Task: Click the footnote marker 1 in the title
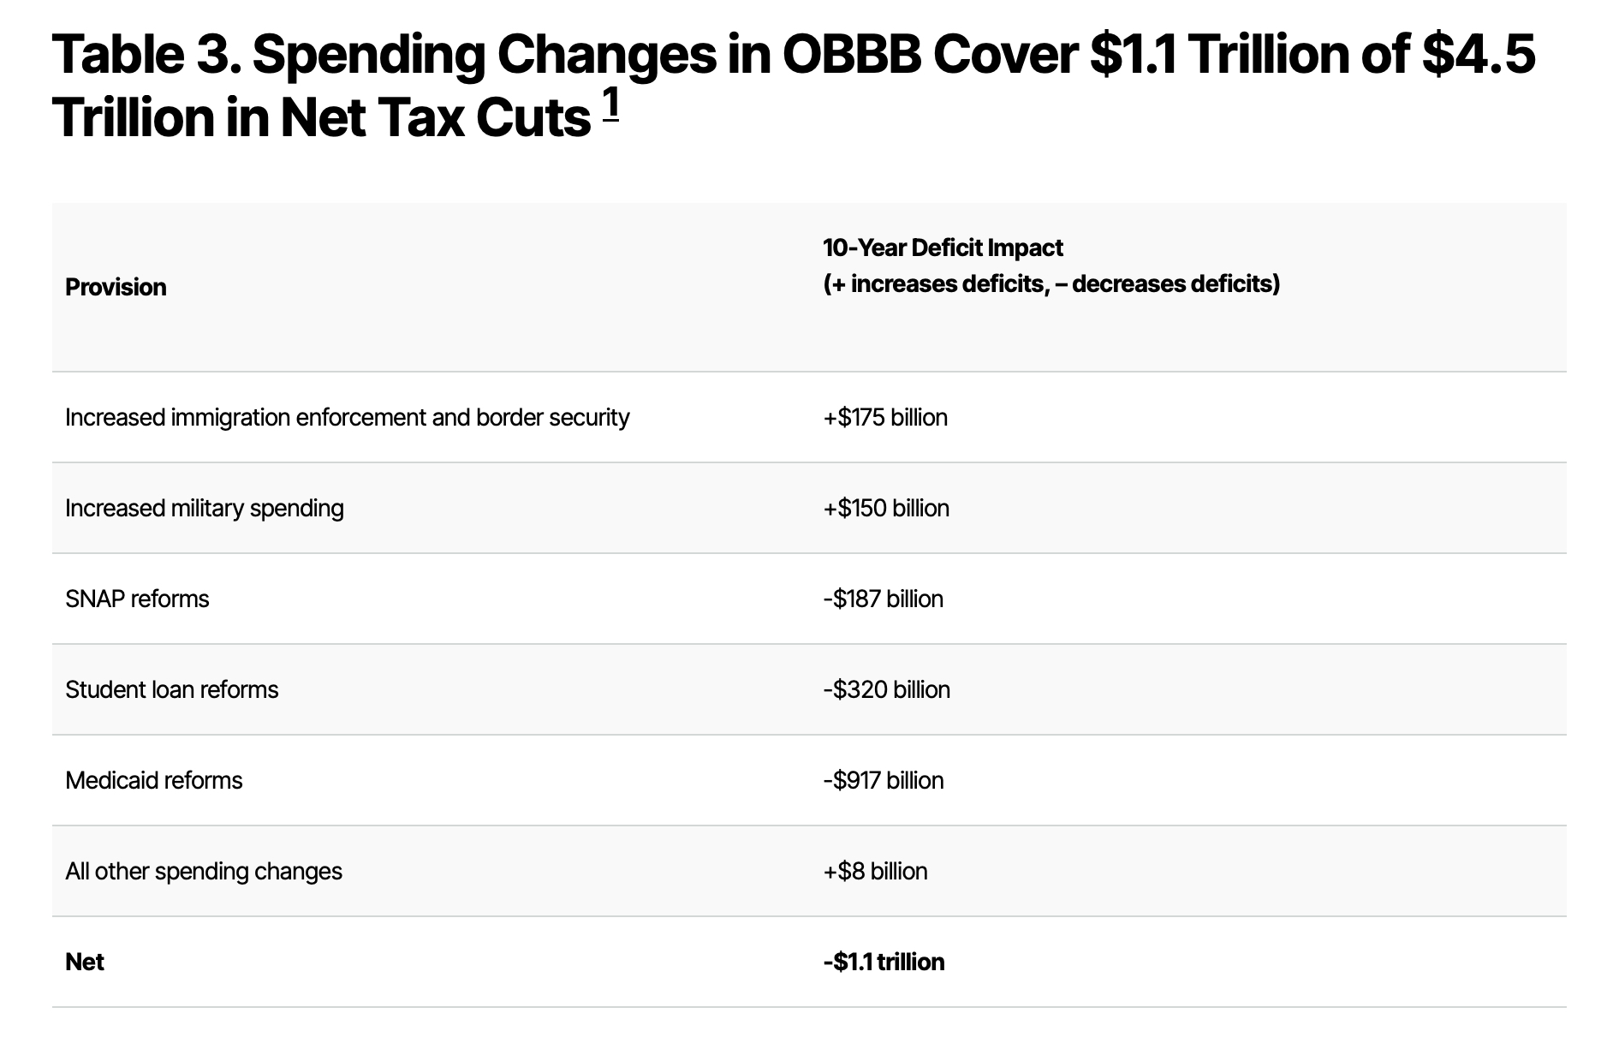point(610,105)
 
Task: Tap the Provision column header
point(116,287)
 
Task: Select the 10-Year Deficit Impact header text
point(943,248)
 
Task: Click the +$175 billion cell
point(885,418)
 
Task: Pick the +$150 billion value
point(886,509)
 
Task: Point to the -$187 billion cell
point(883,599)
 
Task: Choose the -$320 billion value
point(886,690)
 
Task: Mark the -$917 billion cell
point(883,781)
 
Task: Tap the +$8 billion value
point(875,872)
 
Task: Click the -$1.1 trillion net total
point(884,963)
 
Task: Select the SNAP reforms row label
point(137,599)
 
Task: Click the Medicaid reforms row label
point(154,781)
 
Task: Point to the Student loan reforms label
point(172,690)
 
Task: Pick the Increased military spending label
point(205,509)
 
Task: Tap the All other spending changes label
point(204,872)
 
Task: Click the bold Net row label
point(85,963)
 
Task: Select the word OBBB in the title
point(851,55)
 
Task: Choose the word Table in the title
point(117,55)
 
